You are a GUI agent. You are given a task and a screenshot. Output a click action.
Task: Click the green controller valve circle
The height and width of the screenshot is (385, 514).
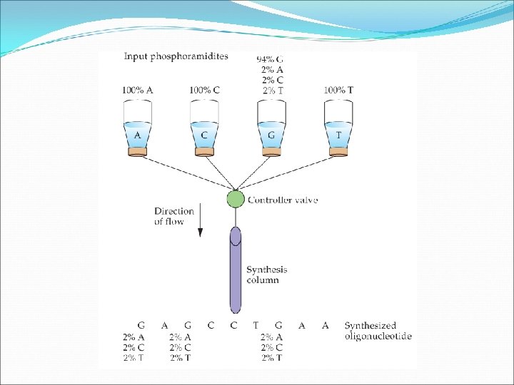click(x=236, y=199)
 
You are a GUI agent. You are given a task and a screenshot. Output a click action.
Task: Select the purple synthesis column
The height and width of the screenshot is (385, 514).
click(x=236, y=271)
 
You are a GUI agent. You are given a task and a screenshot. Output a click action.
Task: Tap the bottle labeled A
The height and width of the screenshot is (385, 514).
click(x=137, y=128)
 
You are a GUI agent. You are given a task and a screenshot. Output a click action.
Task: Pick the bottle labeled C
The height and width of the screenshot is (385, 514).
click(x=204, y=128)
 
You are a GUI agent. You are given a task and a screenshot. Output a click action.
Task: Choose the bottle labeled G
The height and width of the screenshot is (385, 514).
click(x=271, y=128)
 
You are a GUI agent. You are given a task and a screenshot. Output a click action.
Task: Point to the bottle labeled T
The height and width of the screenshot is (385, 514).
click(x=338, y=128)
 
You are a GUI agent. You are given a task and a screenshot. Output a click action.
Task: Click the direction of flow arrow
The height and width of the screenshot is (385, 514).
click(x=200, y=221)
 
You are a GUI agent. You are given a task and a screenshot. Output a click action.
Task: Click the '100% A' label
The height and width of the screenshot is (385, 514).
click(x=137, y=91)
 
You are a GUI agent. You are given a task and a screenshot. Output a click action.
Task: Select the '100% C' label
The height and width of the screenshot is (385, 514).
click(x=204, y=91)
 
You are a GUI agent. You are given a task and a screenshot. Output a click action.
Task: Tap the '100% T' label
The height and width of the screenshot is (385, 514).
click(x=338, y=91)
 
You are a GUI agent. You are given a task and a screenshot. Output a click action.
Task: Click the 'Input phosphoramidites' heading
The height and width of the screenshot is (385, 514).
click(x=176, y=57)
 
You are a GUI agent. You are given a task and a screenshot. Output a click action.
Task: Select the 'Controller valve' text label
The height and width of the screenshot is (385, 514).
click(x=283, y=200)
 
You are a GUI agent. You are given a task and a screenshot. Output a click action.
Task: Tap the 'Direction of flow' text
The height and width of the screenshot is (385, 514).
click(x=173, y=216)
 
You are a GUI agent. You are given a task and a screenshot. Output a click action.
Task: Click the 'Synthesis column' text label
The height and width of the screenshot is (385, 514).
click(x=266, y=274)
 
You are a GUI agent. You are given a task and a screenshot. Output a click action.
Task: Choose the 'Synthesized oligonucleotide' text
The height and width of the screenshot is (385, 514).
click(x=377, y=331)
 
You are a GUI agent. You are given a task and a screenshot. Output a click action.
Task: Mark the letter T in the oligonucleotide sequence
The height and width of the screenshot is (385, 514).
click(x=256, y=326)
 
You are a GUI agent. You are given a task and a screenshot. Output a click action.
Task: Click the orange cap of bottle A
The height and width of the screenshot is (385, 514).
click(x=137, y=151)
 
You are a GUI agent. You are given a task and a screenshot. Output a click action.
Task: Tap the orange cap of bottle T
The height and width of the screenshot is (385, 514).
click(x=338, y=151)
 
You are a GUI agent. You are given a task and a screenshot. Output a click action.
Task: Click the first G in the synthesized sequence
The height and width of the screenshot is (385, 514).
click(x=141, y=326)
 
